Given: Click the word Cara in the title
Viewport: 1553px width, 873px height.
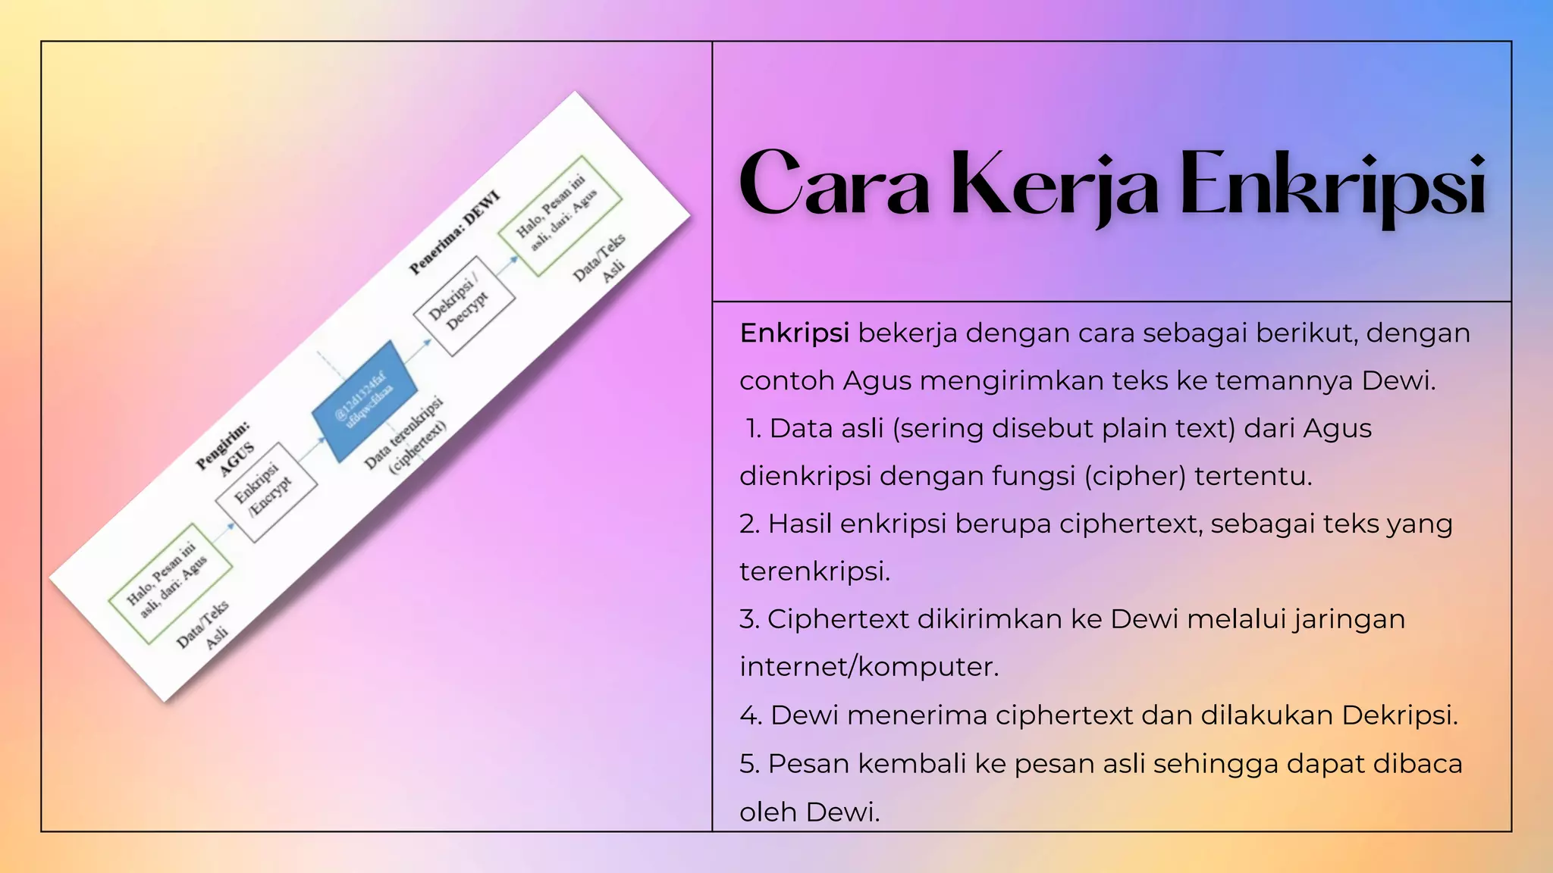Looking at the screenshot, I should click(834, 184).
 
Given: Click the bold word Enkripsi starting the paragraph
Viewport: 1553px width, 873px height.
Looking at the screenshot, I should click(794, 333).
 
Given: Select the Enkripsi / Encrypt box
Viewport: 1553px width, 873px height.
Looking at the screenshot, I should click(265, 492).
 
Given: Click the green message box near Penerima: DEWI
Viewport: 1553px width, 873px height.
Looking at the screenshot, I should click(560, 215).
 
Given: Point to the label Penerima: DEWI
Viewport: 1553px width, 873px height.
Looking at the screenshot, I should click(455, 233).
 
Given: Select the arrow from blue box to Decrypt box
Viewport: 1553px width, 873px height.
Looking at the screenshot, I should click(417, 350).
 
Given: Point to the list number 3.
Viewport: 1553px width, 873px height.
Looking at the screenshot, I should click(749, 620).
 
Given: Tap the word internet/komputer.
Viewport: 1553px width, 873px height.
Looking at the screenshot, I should click(869, 667).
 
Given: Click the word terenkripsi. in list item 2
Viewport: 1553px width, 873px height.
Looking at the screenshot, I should click(814, 571).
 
